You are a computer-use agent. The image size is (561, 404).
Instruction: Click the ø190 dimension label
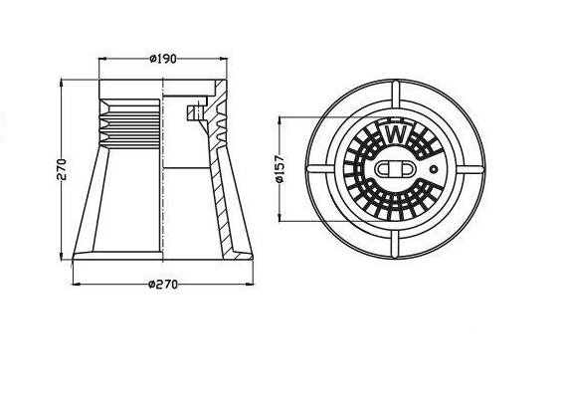click(163, 59)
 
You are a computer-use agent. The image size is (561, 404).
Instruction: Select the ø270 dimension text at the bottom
click(163, 285)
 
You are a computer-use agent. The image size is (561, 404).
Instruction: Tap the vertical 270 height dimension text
click(62, 169)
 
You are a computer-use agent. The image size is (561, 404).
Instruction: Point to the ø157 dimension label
click(280, 169)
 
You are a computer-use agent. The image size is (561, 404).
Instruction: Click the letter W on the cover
click(395, 135)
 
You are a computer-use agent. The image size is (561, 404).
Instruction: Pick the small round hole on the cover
click(434, 168)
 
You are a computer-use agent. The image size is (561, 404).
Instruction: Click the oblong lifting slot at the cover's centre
click(395, 169)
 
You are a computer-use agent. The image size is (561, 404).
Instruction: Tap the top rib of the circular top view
click(395, 95)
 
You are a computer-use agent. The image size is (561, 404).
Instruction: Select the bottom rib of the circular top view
click(395, 244)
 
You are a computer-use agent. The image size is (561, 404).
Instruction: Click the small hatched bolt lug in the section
click(195, 112)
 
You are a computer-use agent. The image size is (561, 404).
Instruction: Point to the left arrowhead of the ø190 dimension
click(103, 59)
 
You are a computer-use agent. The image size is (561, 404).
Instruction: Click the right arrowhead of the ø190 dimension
click(223, 59)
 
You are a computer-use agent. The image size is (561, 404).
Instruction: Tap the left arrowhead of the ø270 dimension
click(78, 285)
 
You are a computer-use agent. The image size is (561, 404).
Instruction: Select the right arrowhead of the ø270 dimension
click(249, 285)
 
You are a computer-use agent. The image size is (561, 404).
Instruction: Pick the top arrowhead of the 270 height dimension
click(62, 85)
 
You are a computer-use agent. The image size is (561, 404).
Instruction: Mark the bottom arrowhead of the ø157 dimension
click(280, 217)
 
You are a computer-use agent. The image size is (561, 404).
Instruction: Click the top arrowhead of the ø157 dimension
click(280, 121)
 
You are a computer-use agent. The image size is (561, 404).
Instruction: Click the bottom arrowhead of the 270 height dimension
click(62, 255)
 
